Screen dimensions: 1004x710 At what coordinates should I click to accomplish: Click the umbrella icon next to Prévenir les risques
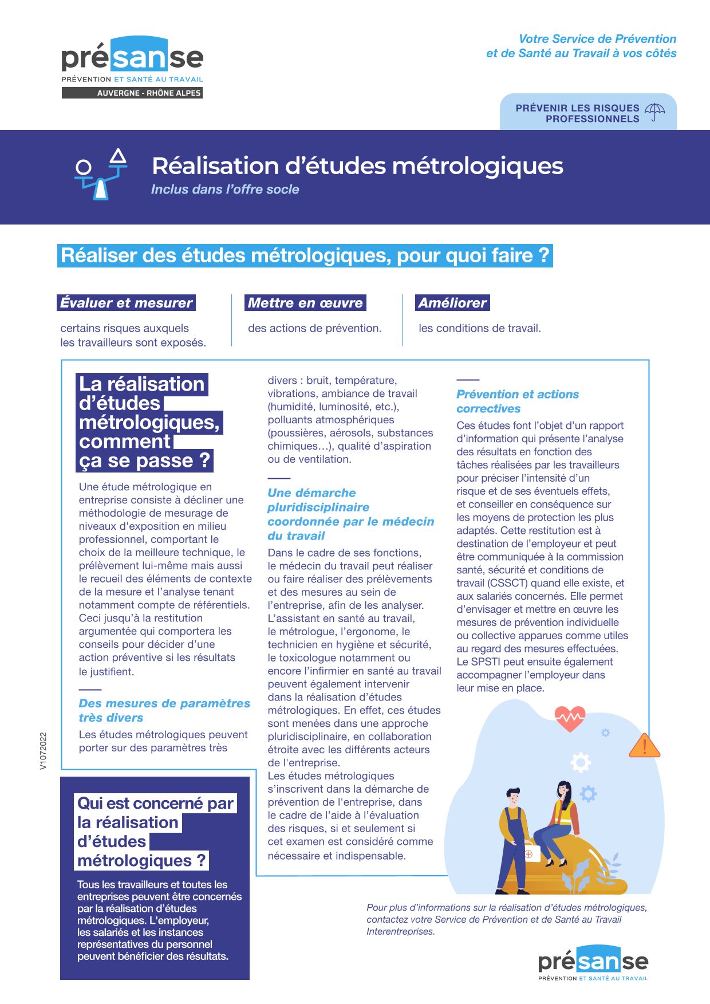pos(654,112)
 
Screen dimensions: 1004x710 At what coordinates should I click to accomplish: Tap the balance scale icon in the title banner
pos(101,174)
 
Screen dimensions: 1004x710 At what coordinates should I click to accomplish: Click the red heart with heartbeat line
pos(570,718)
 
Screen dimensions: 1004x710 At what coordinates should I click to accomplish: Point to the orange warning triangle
pos(644,746)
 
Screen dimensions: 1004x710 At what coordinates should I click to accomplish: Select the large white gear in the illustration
pos(580,762)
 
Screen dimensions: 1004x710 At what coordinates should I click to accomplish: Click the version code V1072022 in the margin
pos(44,751)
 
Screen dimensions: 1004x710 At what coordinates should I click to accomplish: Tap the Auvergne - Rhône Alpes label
pos(132,93)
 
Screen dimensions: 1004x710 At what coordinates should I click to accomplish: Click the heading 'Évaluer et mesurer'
pos(127,303)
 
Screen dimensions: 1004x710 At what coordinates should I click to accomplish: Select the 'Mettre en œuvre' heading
pos(305,303)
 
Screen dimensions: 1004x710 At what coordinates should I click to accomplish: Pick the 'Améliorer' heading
pos(452,303)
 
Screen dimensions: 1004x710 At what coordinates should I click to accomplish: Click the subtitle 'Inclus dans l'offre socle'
pos(225,190)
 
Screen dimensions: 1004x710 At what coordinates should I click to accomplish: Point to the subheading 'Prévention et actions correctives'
pos(517,401)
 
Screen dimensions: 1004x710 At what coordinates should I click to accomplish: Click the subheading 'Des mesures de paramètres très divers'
pos(164,710)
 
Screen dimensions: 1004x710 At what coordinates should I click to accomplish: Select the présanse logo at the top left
pos(132,60)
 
